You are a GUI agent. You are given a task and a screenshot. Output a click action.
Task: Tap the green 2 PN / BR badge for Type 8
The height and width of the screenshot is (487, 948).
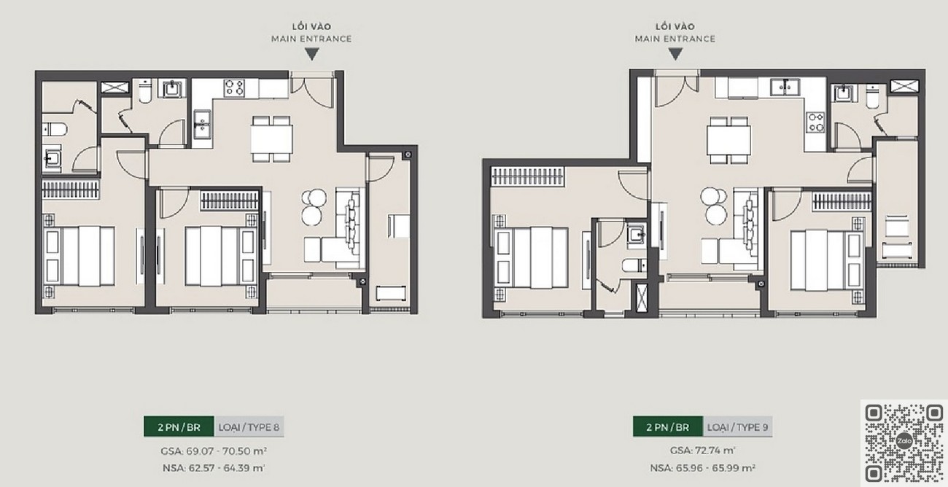[x=179, y=426]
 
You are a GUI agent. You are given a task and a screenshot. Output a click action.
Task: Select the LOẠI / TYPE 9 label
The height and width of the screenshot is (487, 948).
[x=737, y=426]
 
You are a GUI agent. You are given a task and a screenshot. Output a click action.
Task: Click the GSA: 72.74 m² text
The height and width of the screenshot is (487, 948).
[x=702, y=451]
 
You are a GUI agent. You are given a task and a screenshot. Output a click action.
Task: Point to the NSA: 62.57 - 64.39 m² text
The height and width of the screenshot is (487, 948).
[x=214, y=468]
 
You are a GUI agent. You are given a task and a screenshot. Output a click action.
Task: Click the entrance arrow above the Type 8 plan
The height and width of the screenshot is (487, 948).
[x=312, y=54]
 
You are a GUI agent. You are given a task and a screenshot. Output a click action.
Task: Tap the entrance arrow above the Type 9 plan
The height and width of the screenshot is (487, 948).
[x=675, y=54]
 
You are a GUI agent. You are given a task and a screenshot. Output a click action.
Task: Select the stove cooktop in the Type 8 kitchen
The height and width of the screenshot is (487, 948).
[x=235, y=88]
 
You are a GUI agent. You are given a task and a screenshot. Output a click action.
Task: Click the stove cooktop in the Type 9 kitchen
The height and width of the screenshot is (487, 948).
[x=815, y=122]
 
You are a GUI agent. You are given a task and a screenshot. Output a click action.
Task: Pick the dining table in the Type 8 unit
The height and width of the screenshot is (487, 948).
[x=271, y=139]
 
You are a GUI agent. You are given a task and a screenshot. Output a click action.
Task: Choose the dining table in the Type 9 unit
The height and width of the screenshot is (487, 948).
[x=729, y=140]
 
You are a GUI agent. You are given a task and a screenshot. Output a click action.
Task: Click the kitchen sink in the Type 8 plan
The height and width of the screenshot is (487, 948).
[x=203, y=125]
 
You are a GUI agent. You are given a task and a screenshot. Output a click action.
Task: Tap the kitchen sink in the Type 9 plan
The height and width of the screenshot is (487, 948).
[x=785, y=87]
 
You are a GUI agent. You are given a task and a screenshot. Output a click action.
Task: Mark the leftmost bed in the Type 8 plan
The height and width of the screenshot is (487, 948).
[x=79, y=257]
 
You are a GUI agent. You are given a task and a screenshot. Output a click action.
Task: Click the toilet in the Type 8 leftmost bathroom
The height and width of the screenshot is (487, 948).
[x=55, y=129]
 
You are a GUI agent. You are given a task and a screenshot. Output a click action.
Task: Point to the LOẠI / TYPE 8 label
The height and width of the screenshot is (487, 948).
[x=249, y=426]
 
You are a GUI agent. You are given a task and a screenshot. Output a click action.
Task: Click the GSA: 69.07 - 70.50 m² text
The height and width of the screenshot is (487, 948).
[x=214, y=451]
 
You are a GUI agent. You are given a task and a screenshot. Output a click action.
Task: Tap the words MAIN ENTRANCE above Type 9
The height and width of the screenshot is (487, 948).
[x=675, y=39]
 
